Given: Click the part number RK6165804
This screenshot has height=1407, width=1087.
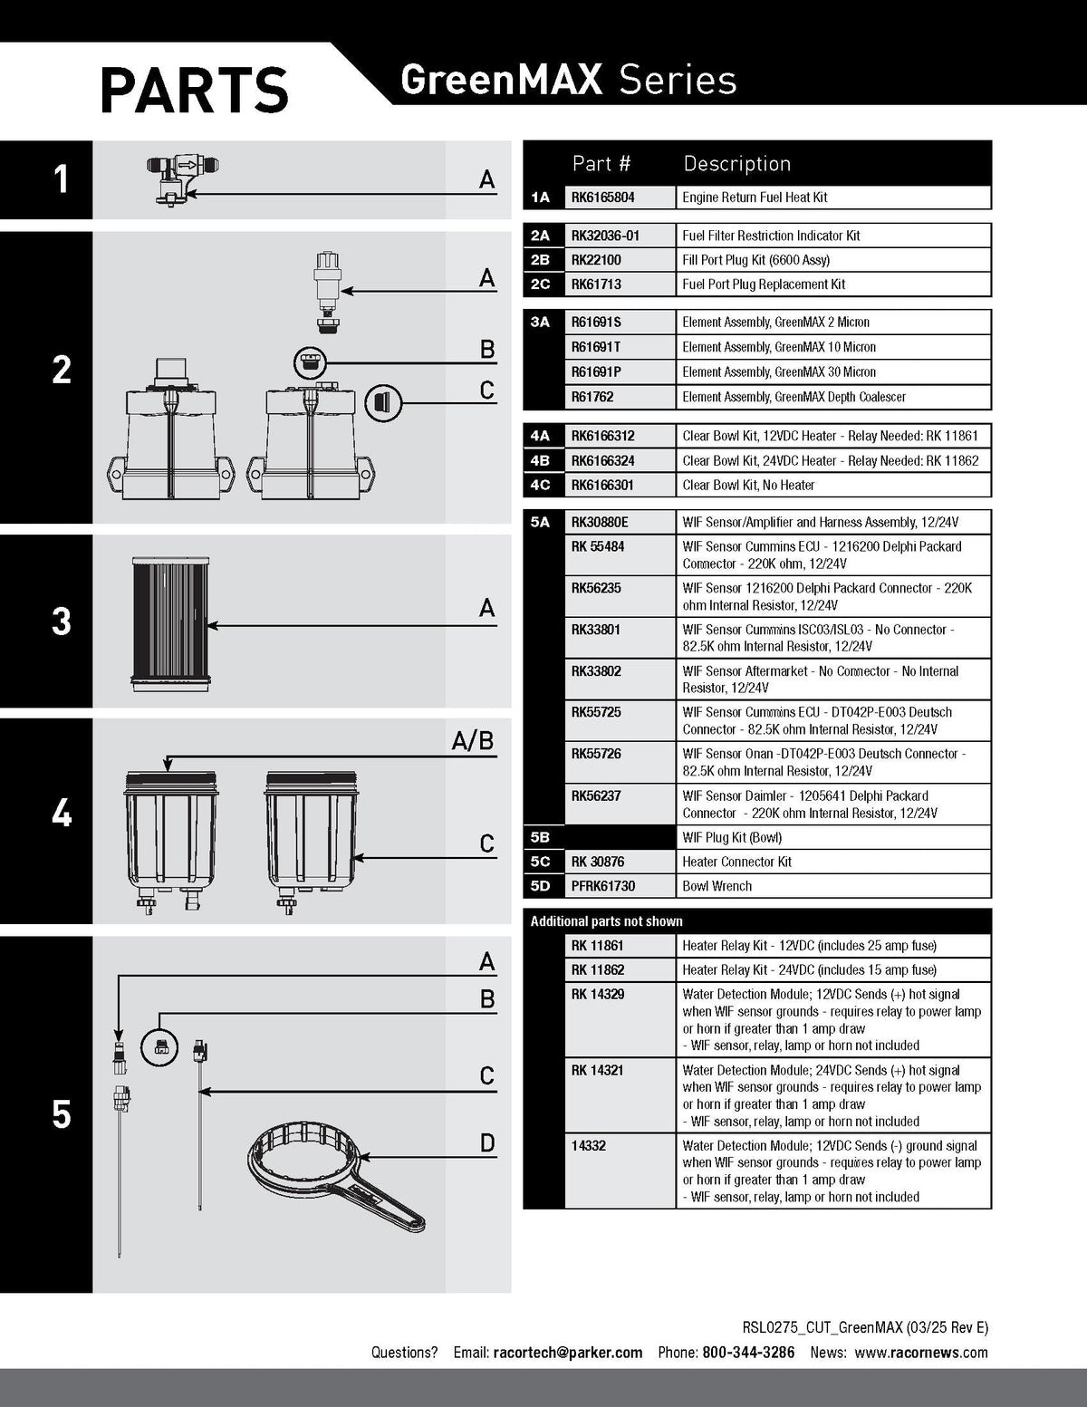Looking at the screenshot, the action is pos(602,198).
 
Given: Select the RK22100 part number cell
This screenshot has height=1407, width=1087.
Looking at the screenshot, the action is pos(620,260).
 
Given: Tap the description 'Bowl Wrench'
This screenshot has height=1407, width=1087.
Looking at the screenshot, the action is pos(717,886).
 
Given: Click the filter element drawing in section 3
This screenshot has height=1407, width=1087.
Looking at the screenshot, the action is pos(171,624).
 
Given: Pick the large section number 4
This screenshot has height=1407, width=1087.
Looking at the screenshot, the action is pos(62,814).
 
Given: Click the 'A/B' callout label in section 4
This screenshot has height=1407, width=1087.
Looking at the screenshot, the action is pos(473,741).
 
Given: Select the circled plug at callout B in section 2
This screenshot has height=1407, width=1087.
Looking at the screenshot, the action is pos(310,362).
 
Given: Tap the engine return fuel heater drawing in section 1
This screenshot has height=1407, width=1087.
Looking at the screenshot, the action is pos(182,180).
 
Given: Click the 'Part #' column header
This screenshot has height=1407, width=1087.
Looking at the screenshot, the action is pos(601,164).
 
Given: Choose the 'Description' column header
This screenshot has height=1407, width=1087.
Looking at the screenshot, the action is pos(736,164).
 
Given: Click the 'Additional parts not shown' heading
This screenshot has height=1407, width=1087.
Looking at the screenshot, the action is pos(606,920).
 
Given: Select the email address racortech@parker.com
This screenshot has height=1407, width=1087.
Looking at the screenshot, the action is pos(568,1352).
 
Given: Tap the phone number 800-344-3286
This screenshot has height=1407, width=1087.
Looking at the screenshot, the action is pos(748,1352).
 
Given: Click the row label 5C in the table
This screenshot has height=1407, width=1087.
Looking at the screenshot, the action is pos(540,862).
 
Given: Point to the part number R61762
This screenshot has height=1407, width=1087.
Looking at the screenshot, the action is pos(592,397).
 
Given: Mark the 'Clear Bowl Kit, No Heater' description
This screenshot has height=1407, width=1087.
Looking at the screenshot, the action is pos(747,485).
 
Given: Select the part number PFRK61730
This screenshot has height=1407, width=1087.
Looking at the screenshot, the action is pos(602,886).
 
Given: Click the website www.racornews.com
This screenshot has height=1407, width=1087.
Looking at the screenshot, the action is pos(921,1352).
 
